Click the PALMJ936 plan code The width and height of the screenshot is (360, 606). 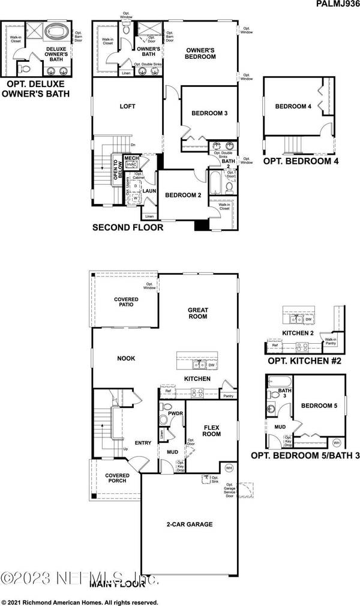click(334, 5)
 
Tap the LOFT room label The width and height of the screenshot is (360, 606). click(127, 107)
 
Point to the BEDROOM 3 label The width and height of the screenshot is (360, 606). click(209, 113)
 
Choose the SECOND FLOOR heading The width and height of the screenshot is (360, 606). click(127, 228)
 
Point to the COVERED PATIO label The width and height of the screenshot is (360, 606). click(127, 302)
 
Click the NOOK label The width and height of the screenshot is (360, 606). click(126, 358)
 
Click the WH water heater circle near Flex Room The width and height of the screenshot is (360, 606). click(229, 467)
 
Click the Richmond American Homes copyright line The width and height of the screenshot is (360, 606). click(81, 602)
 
